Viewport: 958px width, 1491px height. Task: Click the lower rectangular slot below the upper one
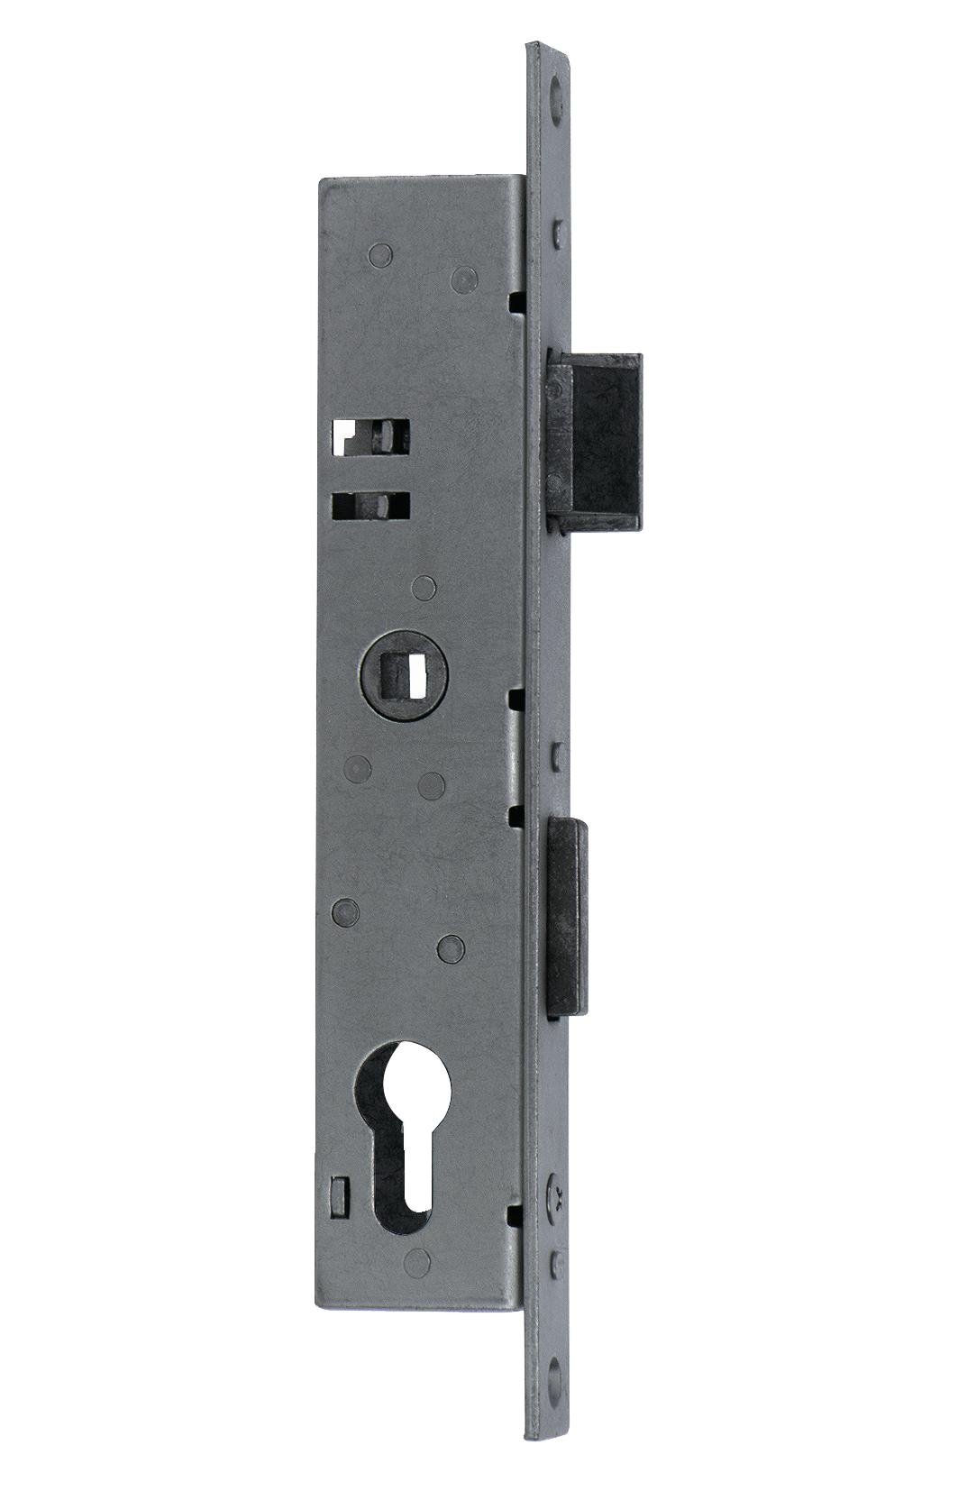coord(370,504)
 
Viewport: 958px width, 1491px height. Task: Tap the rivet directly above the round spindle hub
coord(422,590)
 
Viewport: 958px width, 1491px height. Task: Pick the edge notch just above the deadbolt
coord(515,301)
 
